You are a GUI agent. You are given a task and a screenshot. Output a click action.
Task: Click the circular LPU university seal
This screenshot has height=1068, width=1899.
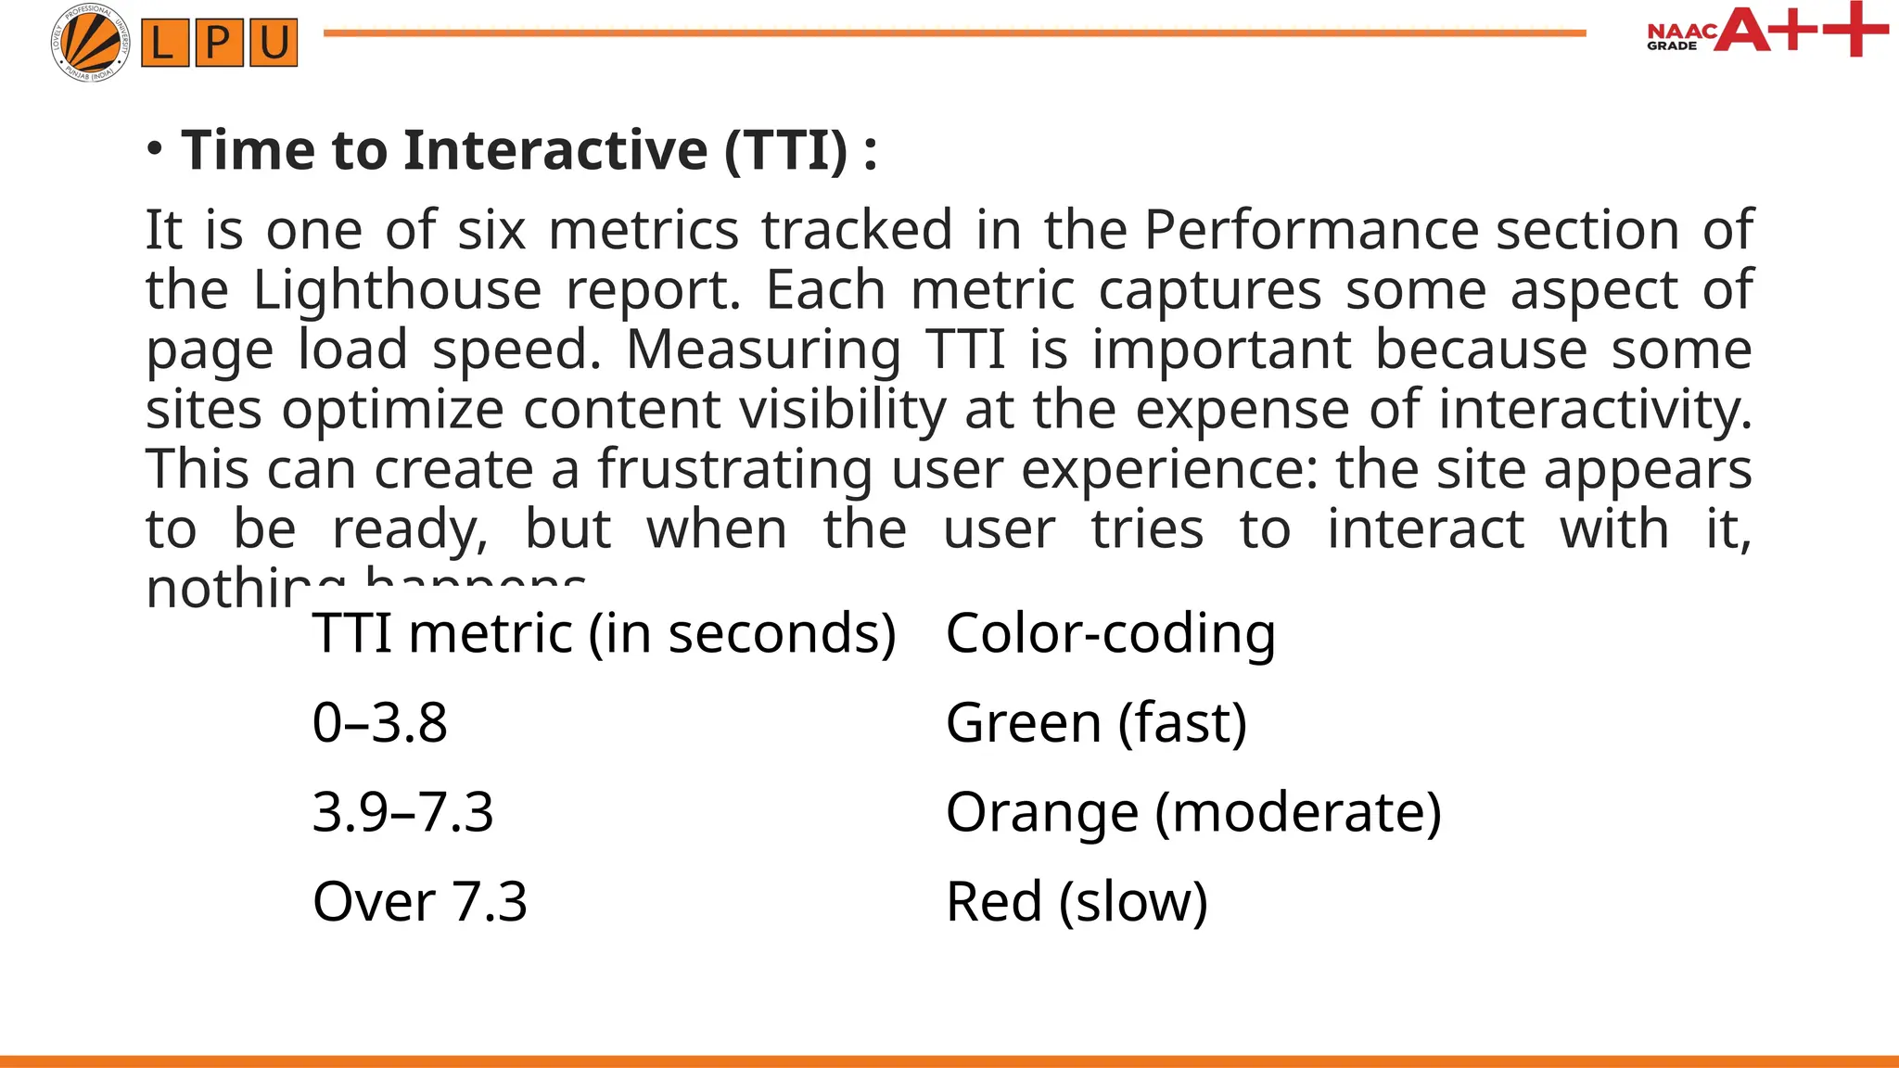click(90, 43)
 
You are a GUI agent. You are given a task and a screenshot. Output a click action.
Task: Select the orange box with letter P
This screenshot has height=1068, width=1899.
click(219, 43)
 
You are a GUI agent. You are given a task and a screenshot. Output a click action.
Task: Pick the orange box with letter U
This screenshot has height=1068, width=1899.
click(273, 43)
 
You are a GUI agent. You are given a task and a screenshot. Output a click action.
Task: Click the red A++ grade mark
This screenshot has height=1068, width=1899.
click(1799, 30)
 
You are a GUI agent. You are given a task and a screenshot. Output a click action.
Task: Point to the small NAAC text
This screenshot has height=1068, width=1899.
click(1680, 32)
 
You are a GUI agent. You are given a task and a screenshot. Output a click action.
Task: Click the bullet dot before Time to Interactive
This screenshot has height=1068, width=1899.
click(156, 149)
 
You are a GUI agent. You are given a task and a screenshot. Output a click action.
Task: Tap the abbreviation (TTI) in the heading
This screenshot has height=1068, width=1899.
click(785, 150)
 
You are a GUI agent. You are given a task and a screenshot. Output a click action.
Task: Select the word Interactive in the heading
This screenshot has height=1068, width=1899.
click(555, 150)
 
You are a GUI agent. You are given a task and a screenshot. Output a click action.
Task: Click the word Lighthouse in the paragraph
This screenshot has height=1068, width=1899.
click(397, 289)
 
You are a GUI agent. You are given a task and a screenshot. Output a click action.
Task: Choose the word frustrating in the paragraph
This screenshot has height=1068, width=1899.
click(734, 469)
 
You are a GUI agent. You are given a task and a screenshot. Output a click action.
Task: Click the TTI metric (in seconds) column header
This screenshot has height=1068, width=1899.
click(604, 633)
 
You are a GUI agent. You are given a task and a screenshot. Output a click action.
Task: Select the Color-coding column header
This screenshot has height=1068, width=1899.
click(1110, 633)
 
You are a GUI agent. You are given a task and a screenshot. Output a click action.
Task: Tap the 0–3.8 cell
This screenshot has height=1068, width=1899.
click(380, 722)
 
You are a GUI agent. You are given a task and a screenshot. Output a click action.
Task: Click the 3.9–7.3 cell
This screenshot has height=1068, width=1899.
click(402, 812)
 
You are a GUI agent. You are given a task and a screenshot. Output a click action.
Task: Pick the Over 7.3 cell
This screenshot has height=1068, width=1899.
click(419, 901)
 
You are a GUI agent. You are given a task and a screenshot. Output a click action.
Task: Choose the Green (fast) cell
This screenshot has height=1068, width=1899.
click(1096, 722)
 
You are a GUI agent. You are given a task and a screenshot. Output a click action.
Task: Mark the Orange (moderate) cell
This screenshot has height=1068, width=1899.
click(1193, 812)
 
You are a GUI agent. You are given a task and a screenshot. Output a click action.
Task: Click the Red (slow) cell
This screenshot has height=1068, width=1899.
click(1077, 901)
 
